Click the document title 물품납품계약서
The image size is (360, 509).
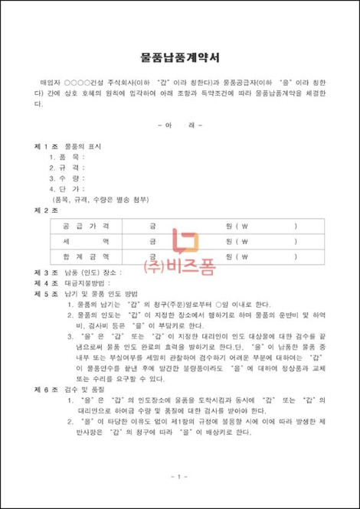tap(179, 56)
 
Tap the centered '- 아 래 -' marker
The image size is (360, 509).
tap(179, 124)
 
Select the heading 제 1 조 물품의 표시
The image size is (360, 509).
tap(72, 145)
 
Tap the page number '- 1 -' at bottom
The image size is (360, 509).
tap(179, 478)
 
